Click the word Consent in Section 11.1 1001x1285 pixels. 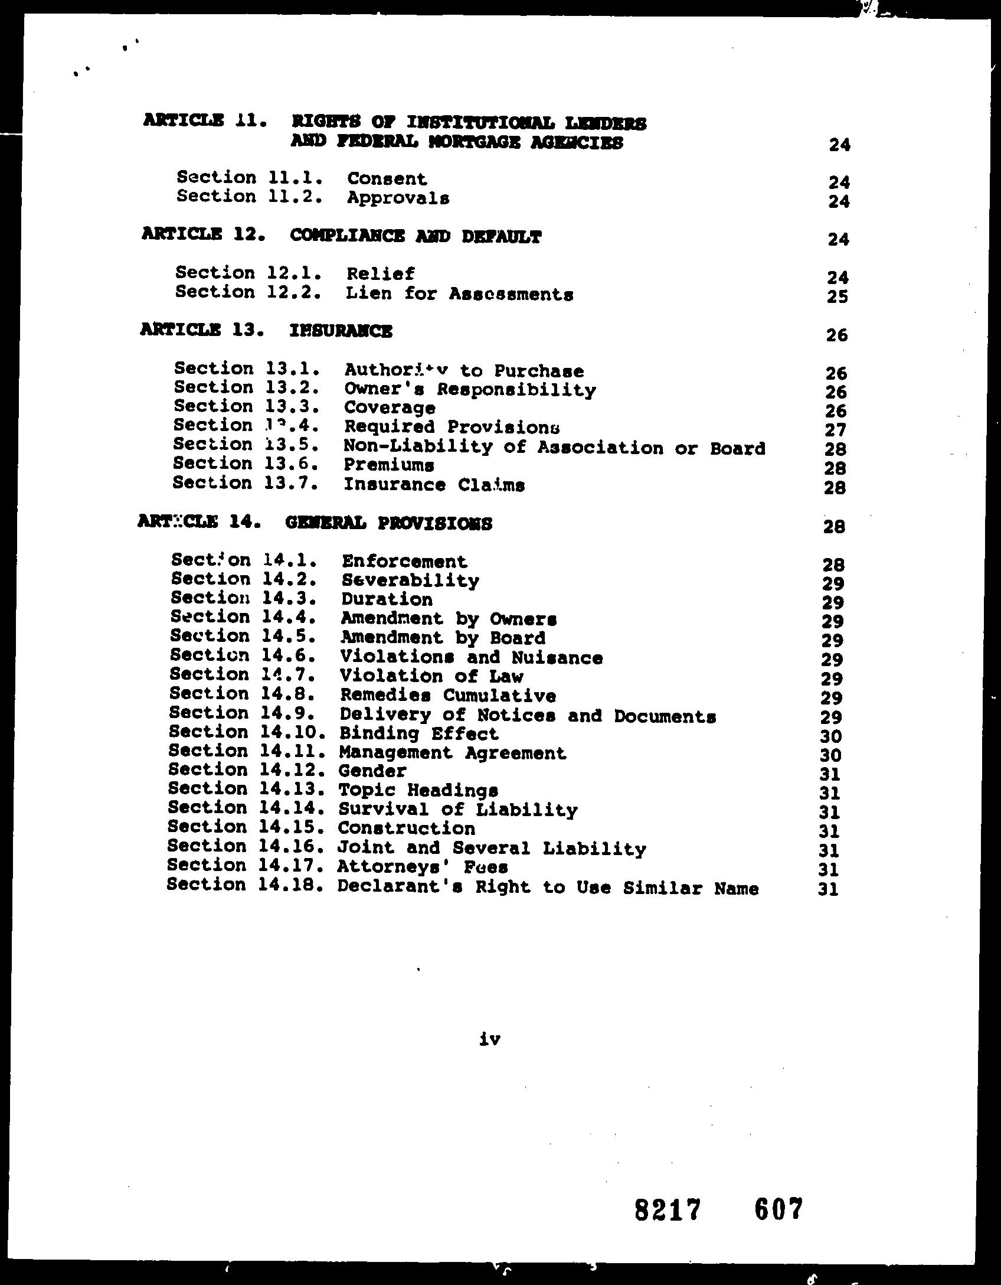pyautogui.click(x=387, y=178)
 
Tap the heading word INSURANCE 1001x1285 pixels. pyautogui.click(x=341, y=331)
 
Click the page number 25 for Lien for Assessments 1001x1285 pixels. pyautogui.click(x=838, y=296)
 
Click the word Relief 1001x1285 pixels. pyautogui.click(x=381, y=274)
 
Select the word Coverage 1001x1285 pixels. pyautogui.click(x=390, y=408)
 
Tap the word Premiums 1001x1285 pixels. pyautogui.click(x=389, y=465)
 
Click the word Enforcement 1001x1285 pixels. pyautogui.click(x=404, y=561)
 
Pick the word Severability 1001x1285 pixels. pyautogui.click(x=410, y=580)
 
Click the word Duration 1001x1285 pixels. pyautogui.click(x=387, y=599)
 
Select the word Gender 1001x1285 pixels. pyautogui.click(x=372, y=771)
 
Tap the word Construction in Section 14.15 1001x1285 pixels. pyautogui.click(x=406, y=829)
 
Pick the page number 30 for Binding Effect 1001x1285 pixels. pyautogui.click(x=831, y=736)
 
